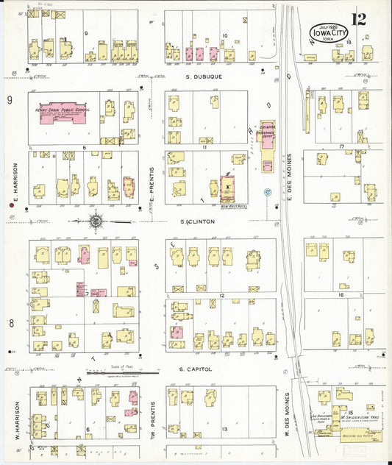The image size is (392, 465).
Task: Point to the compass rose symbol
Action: point(96,219)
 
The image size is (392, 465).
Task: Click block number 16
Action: point(341,294)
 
